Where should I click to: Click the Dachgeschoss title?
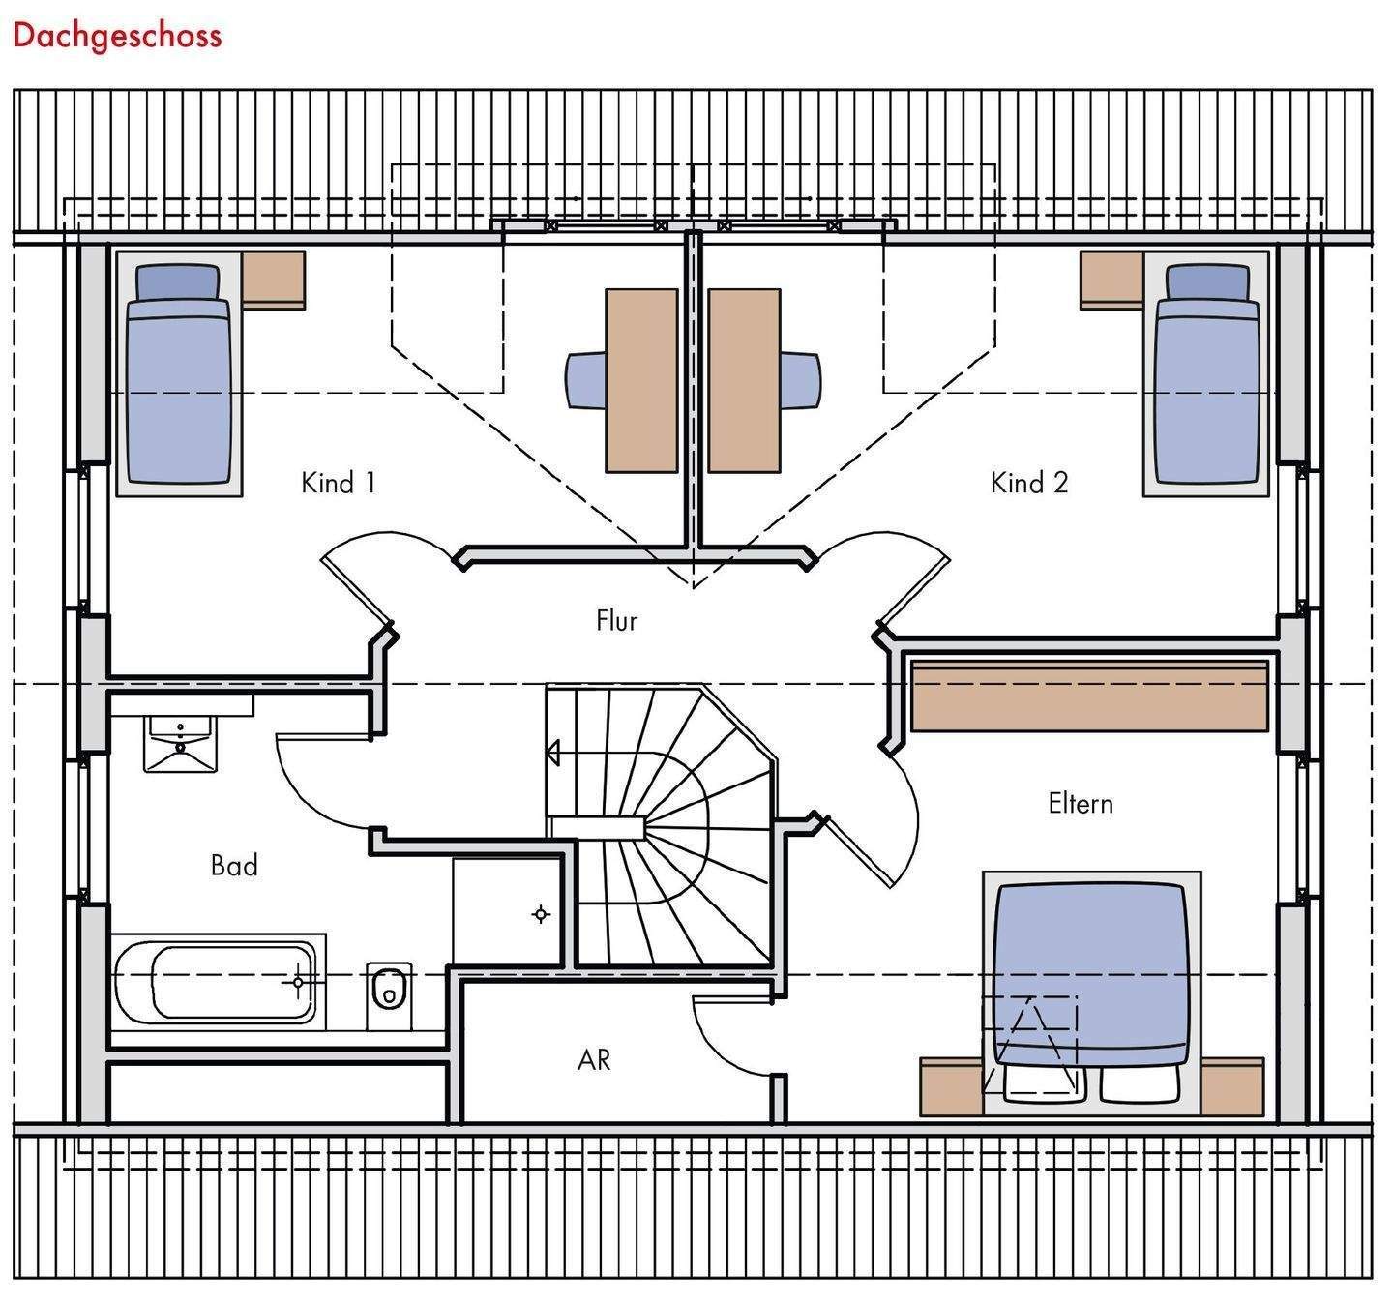117,36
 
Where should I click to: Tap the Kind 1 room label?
339,482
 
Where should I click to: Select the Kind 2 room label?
1029,482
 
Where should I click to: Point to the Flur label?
616,620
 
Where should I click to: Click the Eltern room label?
1081,803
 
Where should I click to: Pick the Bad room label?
234,865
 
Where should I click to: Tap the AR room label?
594,1060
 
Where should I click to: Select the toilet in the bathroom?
389,992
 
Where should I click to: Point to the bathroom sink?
181,742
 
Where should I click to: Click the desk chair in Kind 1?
584,380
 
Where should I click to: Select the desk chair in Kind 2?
802,380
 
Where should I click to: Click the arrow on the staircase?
554,752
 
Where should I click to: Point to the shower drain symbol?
540,913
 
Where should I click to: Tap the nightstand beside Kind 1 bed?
274,279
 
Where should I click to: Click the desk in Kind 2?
743,380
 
